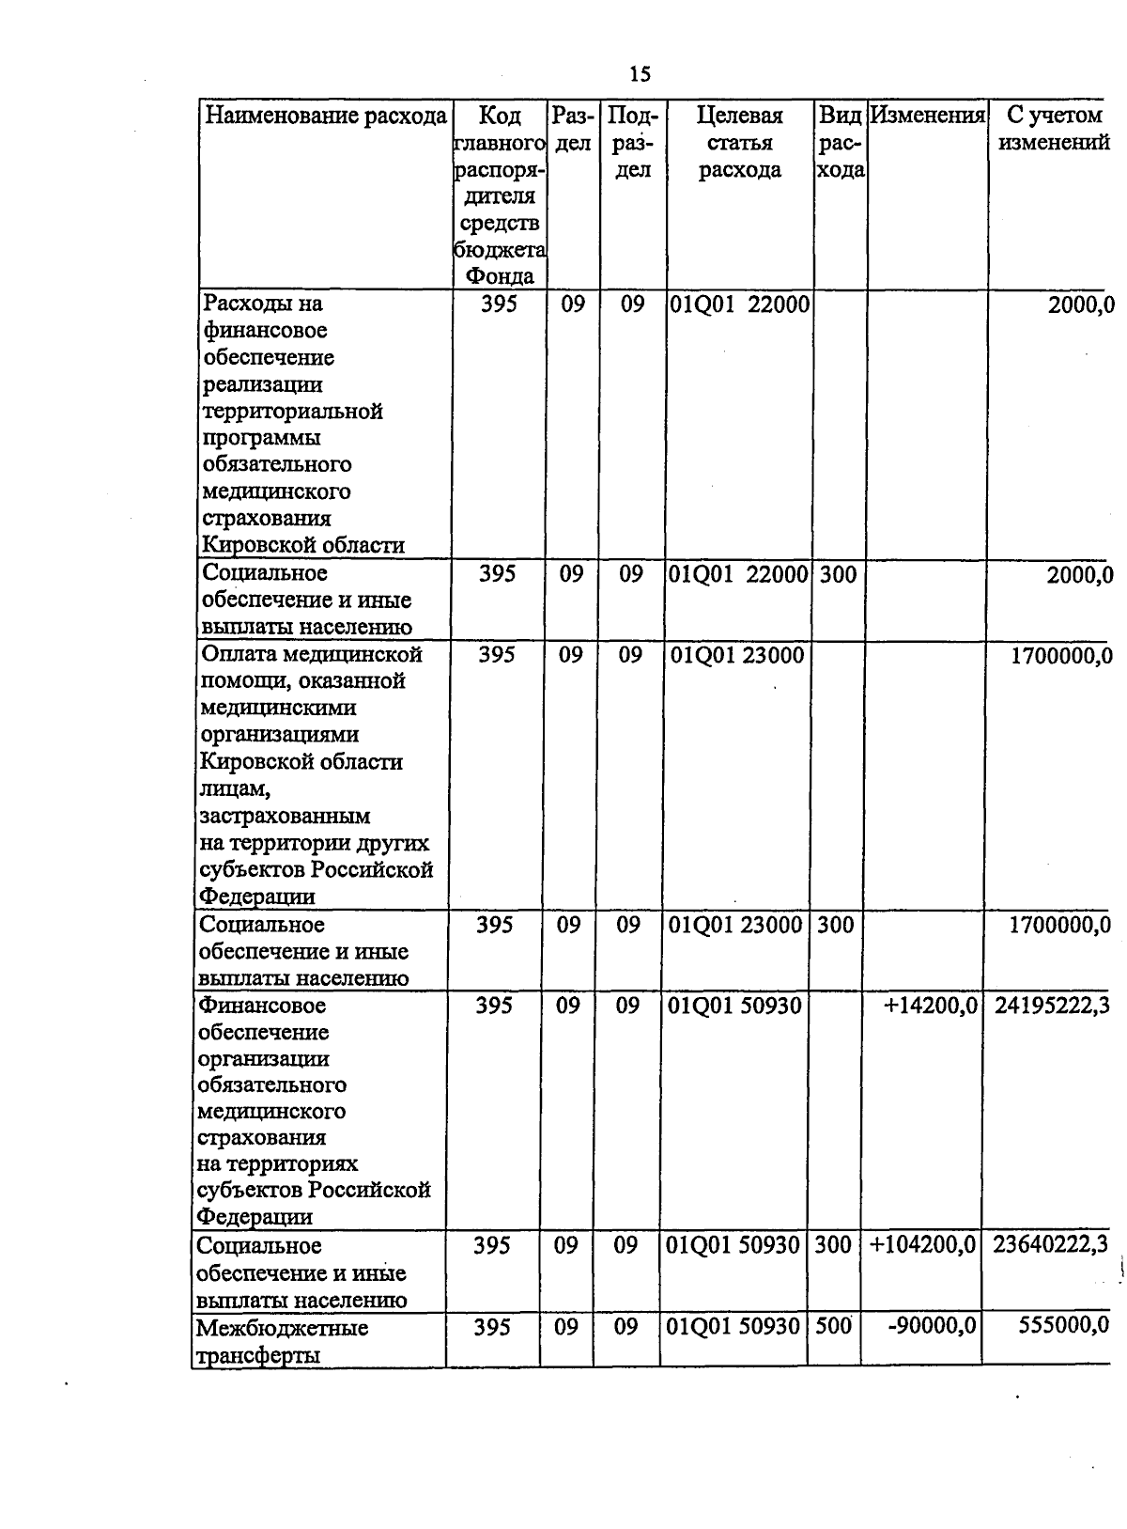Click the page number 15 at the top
640,74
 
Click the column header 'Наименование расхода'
326,117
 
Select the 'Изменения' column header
926,116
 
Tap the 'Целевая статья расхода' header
739,143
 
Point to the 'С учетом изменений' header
1053,130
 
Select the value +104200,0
922,1246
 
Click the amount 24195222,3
1051,1006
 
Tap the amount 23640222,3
1049,1246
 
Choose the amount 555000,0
1063,1327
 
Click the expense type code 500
831,1327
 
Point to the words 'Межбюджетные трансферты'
281,1341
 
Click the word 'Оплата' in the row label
238,654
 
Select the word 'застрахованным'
285,816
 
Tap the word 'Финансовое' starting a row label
262,1006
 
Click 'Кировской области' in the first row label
303,545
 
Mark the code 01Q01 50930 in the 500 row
733,1327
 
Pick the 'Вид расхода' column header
840,143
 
